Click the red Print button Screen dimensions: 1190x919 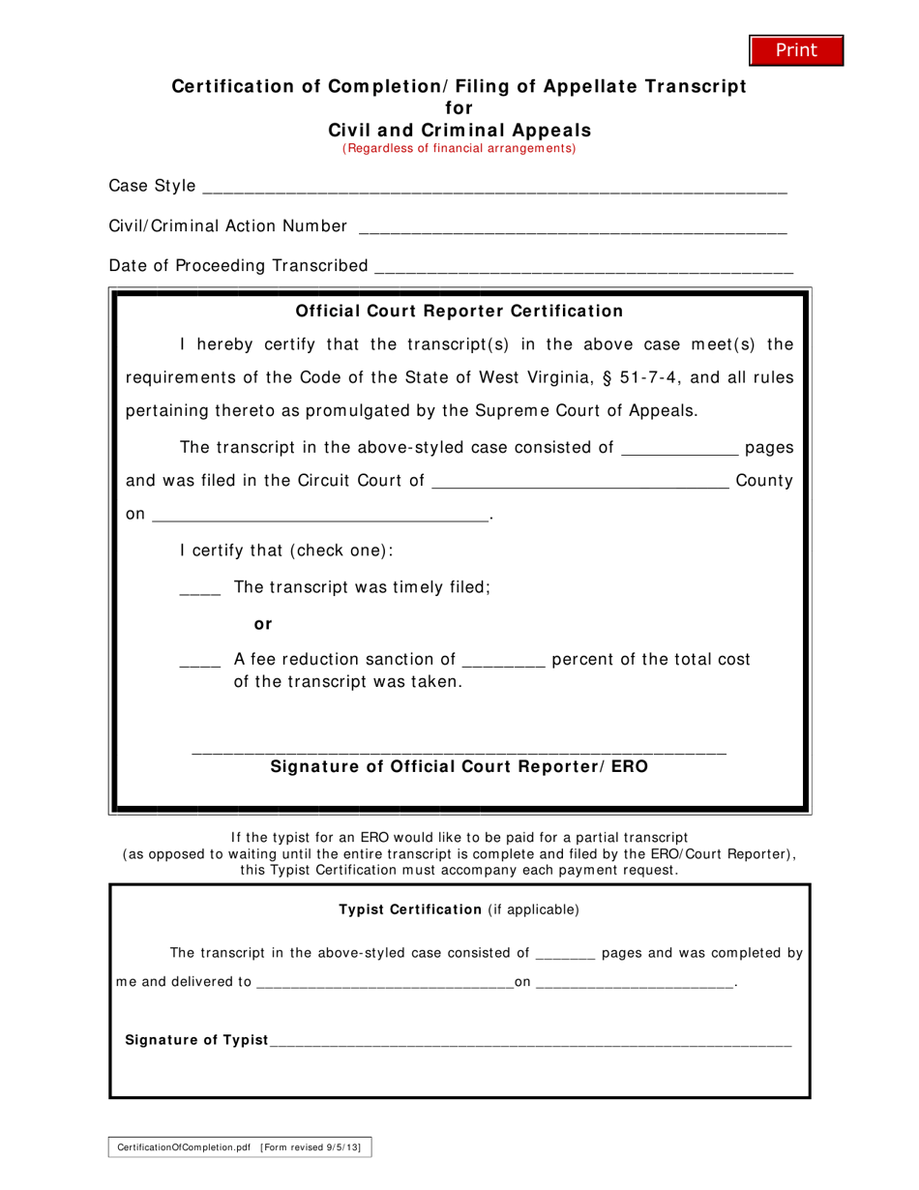(x=796, y=50)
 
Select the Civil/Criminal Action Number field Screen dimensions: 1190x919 (x=572, y=229)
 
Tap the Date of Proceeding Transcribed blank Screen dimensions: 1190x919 (x=582, y=269)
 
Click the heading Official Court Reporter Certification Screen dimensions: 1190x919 (x=459, y=311)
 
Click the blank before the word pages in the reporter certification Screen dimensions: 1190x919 (x=678, y=450)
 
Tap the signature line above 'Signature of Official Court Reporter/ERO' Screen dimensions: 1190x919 (x=459, y=748)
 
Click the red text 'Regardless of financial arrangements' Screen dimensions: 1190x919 (x=459, y=148)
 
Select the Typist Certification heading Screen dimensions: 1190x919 (x=409, y=909)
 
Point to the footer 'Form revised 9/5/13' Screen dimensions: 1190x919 (x=317, y=1146)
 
